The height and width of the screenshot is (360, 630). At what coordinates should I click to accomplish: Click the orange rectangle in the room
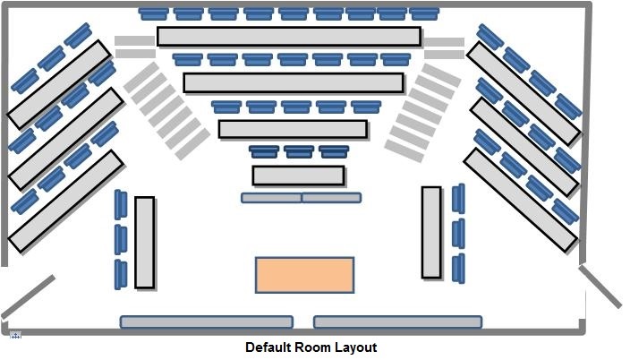pos(304,275)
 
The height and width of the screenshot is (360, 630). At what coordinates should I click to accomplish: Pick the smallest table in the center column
pos(299,176)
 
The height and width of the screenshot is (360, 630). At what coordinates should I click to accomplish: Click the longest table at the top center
pos(289,37)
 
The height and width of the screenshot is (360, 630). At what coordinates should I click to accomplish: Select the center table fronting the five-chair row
pos(293,129)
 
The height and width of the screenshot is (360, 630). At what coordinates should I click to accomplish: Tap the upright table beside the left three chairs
pos(145,243)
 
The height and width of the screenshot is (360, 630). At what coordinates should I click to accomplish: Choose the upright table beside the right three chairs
pos(431,233)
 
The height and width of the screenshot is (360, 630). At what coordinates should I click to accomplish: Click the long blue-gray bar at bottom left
pos(207,321)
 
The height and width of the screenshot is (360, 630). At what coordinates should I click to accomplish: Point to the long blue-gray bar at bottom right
pos(397,321)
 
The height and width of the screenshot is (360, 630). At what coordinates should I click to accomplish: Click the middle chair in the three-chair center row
pos(299,151)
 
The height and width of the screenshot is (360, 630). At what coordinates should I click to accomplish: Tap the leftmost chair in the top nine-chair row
pos(154,13)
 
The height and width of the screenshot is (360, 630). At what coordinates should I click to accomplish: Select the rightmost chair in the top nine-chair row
pos(424,13)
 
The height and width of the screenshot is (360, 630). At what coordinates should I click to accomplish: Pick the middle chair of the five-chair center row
pos(296,107)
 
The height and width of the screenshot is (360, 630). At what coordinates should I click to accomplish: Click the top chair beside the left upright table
pos(121,205)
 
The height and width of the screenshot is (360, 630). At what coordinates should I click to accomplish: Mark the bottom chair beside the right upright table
pos(458,269)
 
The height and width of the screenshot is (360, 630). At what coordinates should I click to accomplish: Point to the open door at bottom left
pos(28,296)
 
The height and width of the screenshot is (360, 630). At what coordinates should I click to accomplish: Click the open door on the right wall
pos(600,287)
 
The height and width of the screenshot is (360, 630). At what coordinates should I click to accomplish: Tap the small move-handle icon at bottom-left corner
pos(15,335)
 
